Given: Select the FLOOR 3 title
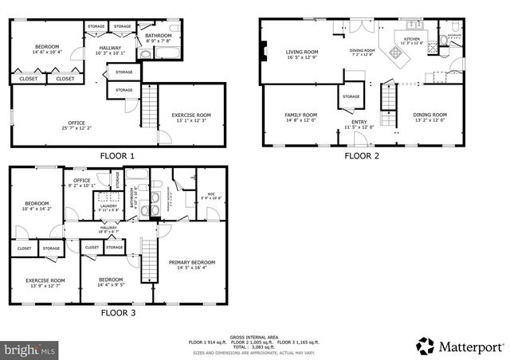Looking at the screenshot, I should click(x=118, y=313).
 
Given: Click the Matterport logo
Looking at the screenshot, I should click(x=460, y=346).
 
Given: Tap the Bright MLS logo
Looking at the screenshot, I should click(x=30, y=349).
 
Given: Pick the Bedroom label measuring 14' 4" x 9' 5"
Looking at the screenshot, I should click(x=111, y=282).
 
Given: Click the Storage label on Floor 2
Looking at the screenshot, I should click(x=351, y=97).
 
